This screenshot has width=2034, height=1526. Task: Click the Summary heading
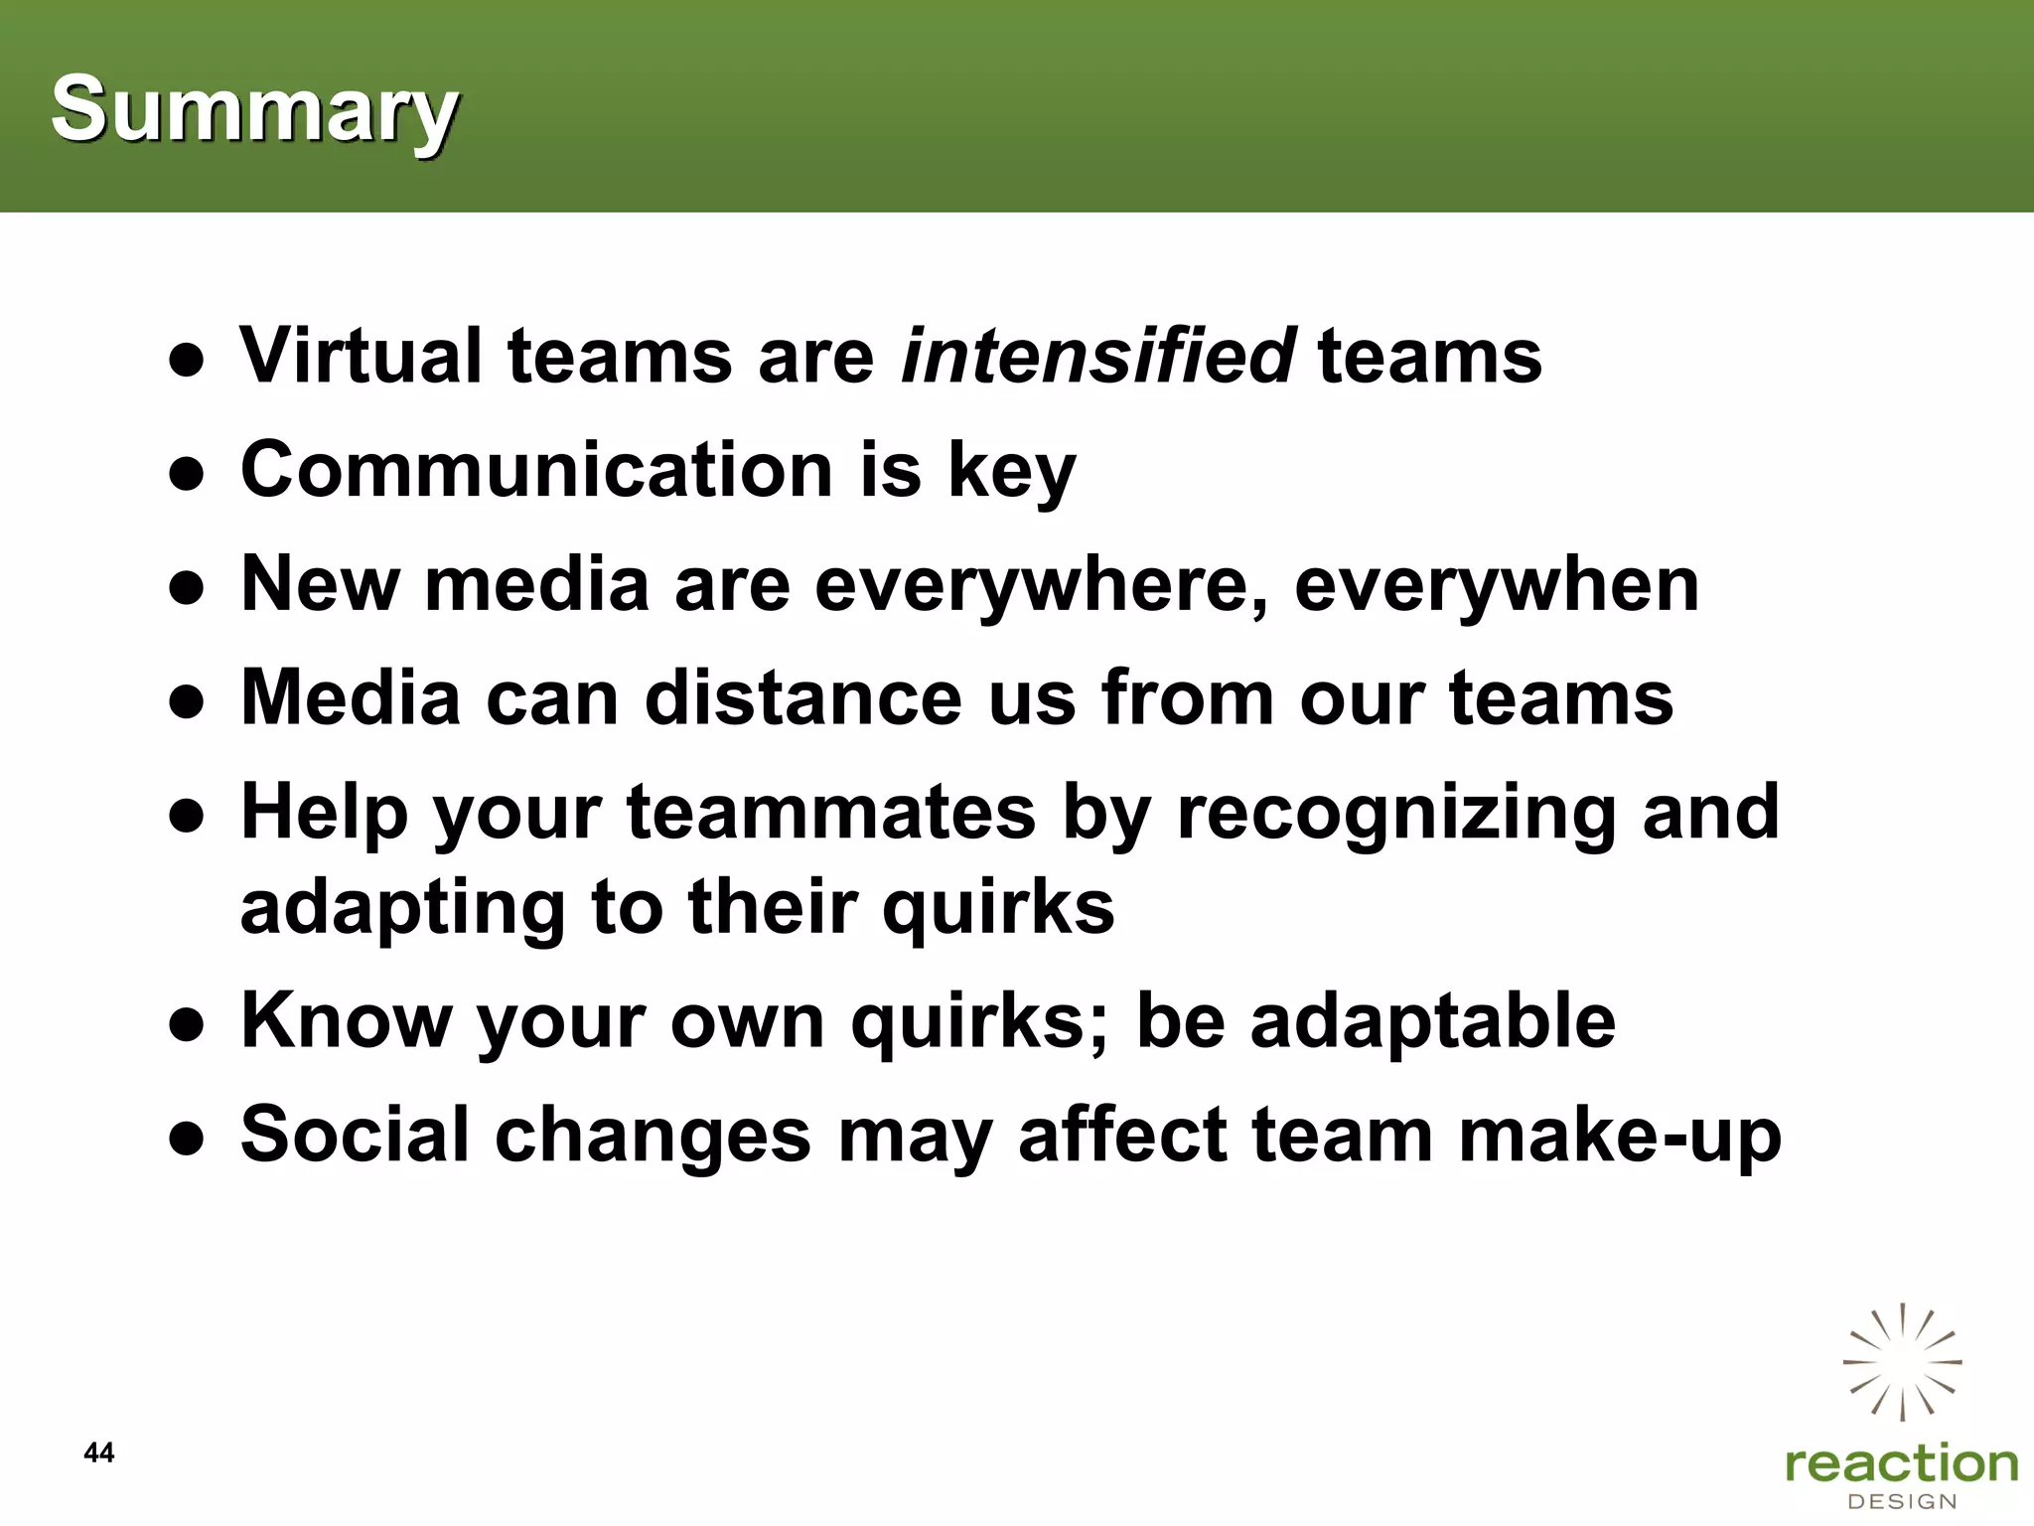click(x=254, y=109)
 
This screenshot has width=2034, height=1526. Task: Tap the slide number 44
click(x=99, y=1452)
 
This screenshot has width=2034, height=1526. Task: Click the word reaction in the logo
click(x=1901, y=1464)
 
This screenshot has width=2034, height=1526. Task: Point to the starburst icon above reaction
click(x=1902, y=1361)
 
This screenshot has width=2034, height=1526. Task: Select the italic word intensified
click(x=1096, y=355)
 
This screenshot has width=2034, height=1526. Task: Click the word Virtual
click(x=361, y=355)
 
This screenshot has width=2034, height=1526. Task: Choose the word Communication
click(x=536, y=469)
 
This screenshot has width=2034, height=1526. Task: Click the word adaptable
click(x=1432, y=1021)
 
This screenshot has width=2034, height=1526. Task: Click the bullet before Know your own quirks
click(x=187, y=1023)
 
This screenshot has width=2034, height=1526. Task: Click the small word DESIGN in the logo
click(x=1901, y=1501)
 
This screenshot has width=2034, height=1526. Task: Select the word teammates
click(x=831, y=813)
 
